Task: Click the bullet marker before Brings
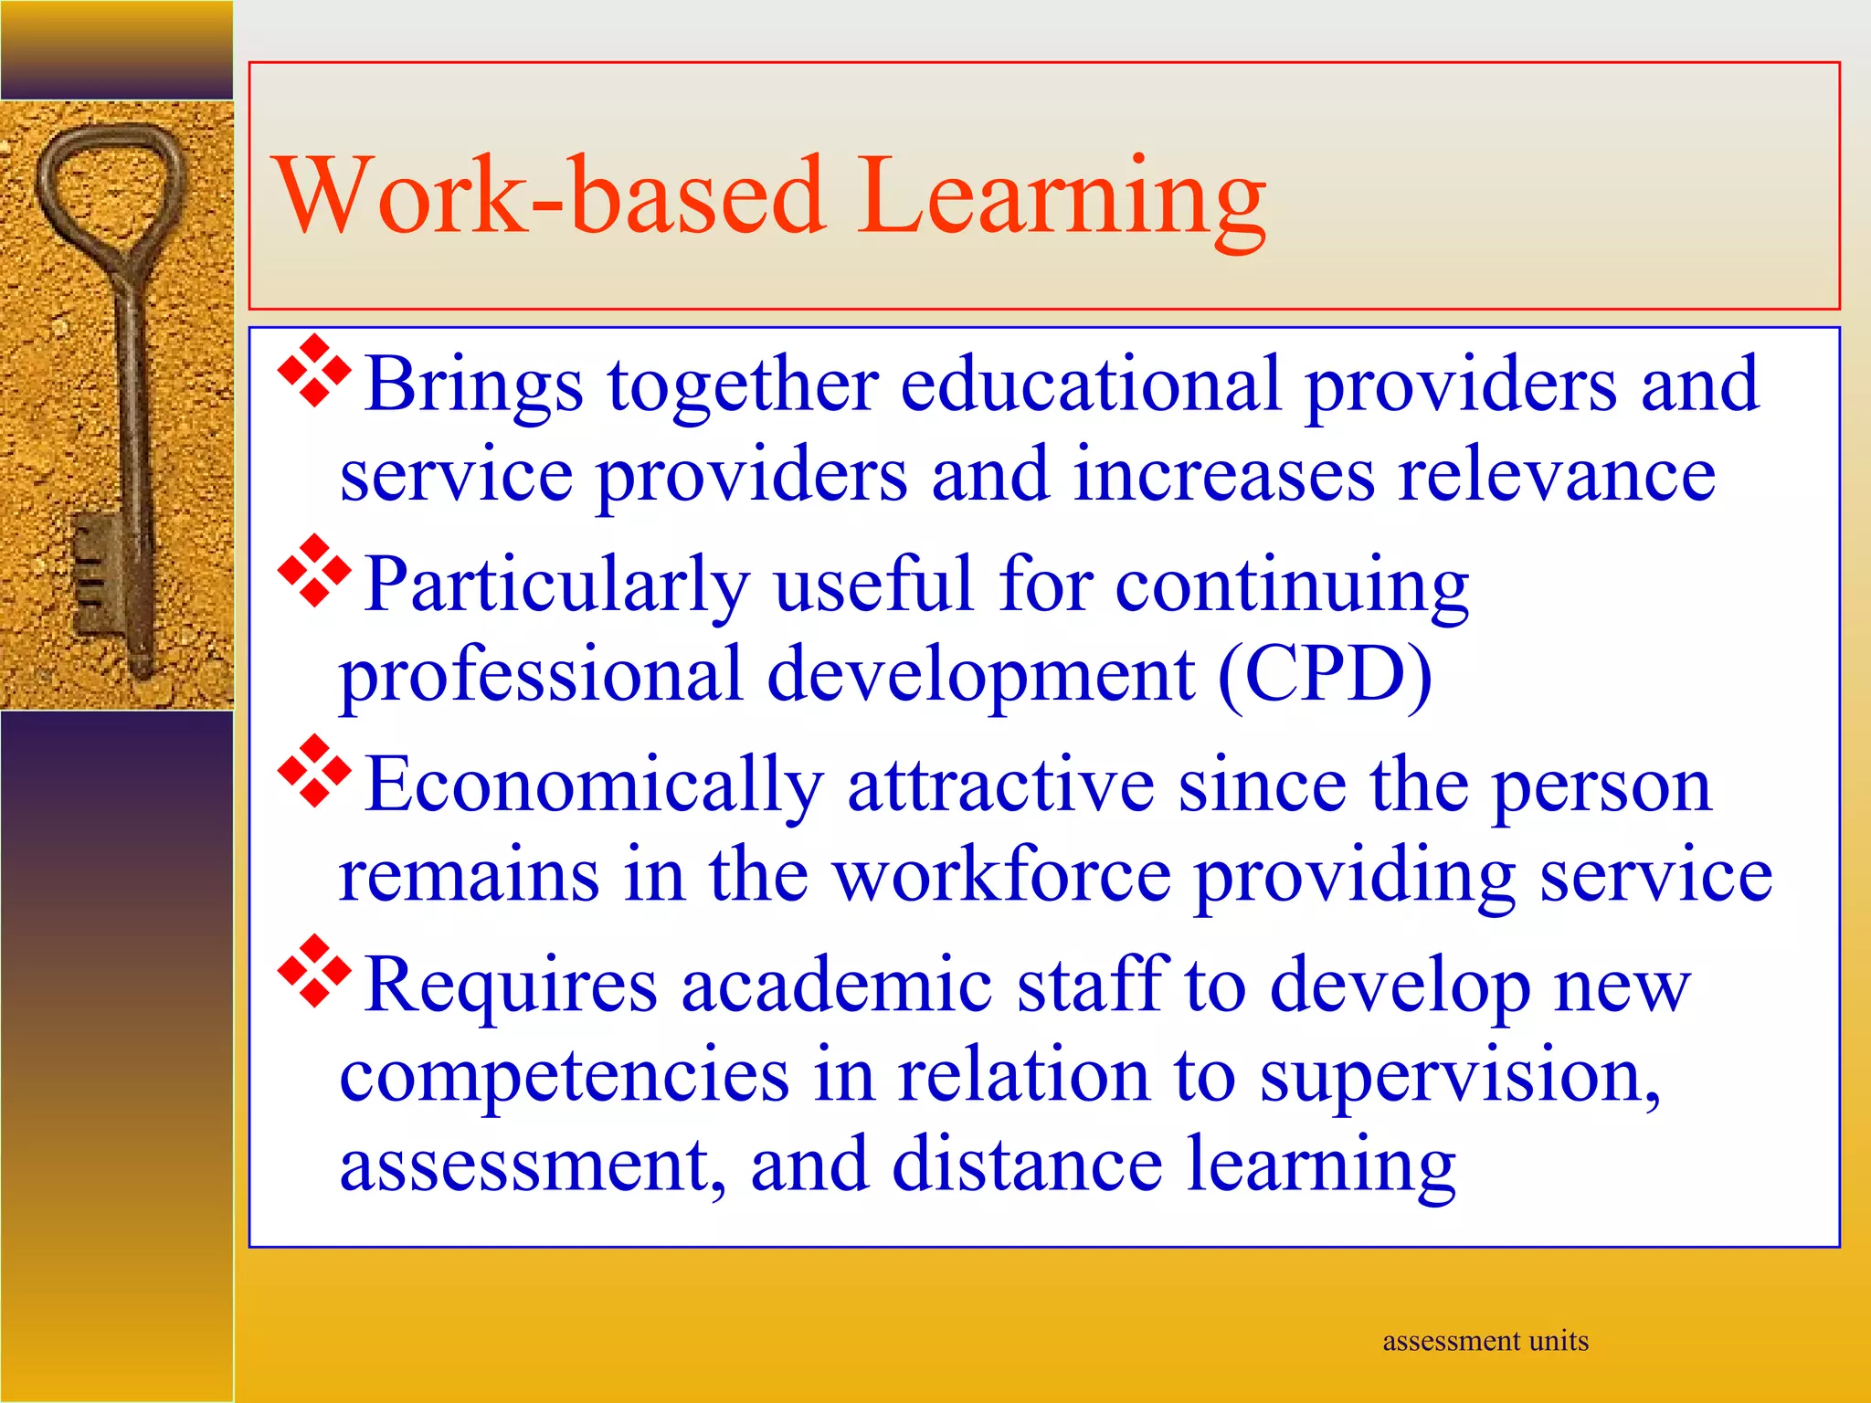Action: coord(313,371)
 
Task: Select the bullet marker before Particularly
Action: coord(313,571)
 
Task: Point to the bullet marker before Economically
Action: coord(313,771)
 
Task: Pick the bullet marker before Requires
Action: coord(313,971)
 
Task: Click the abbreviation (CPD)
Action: coord(1326,675)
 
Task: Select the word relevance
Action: coord(1557,475)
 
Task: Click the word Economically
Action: coord(594,786)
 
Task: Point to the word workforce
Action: coord(1002,875)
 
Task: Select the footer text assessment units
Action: coord(1485,1341)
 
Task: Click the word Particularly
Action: coord(557,585)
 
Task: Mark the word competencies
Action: coord(565,1076)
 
